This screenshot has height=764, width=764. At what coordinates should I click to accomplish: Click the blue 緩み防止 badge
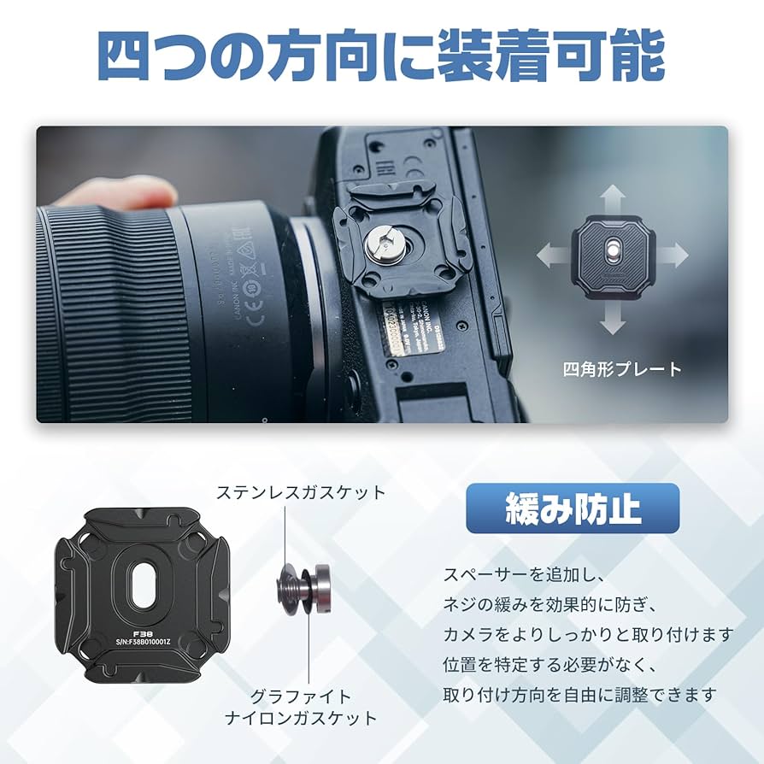(573, 508)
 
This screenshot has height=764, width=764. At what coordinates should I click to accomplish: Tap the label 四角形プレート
(622, 369)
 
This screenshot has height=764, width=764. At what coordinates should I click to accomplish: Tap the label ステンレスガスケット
(301, 492)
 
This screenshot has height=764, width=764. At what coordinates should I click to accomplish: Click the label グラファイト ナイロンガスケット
(301, 707)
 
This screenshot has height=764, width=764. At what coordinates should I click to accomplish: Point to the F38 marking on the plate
(132, 636)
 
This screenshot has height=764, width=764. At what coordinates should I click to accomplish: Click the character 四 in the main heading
(126, 57)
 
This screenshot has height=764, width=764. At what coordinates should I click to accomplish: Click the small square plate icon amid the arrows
(612, 255)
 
